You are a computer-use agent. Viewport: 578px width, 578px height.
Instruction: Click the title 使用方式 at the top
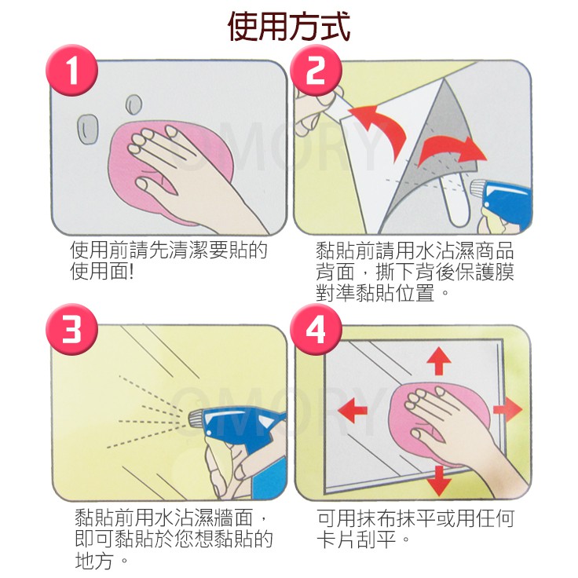(x=289, y=26)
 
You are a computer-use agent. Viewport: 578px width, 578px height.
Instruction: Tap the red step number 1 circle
(x=72, y=70)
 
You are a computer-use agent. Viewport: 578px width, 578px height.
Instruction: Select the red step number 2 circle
(x=316, y=70)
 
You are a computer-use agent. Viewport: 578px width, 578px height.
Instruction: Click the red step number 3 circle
(x=72, y=329)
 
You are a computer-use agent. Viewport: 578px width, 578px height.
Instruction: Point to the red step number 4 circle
(x=316, y=329)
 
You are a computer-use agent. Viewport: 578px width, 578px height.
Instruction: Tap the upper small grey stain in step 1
(x=134, y=104)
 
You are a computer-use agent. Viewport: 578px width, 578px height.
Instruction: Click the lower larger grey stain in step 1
(x=88, y=129)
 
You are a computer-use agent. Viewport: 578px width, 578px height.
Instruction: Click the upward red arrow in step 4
(x=439, y=360)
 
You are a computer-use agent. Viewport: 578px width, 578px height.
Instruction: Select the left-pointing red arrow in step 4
(x=353, y=410)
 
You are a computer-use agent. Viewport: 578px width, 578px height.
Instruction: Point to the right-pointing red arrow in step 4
(x=507, y=409)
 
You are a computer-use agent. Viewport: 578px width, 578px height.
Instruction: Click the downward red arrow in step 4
(x=438, y=481)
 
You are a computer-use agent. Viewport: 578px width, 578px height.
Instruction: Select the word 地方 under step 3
(x=93, y=561)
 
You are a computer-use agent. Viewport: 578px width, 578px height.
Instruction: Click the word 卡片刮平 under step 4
(x=356, y=540)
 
